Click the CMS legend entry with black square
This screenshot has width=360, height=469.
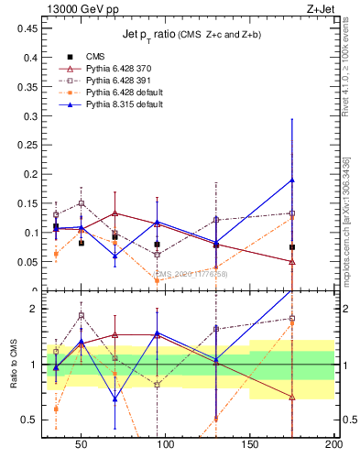pos(95,55)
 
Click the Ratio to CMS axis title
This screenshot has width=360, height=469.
pos(14,364)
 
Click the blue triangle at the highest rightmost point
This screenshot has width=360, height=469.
pos(292,180)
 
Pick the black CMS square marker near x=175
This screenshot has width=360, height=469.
pos(292,247)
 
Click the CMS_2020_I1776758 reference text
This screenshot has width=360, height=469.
pos(191,273)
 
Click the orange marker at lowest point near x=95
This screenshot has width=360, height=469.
pos(158,280)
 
